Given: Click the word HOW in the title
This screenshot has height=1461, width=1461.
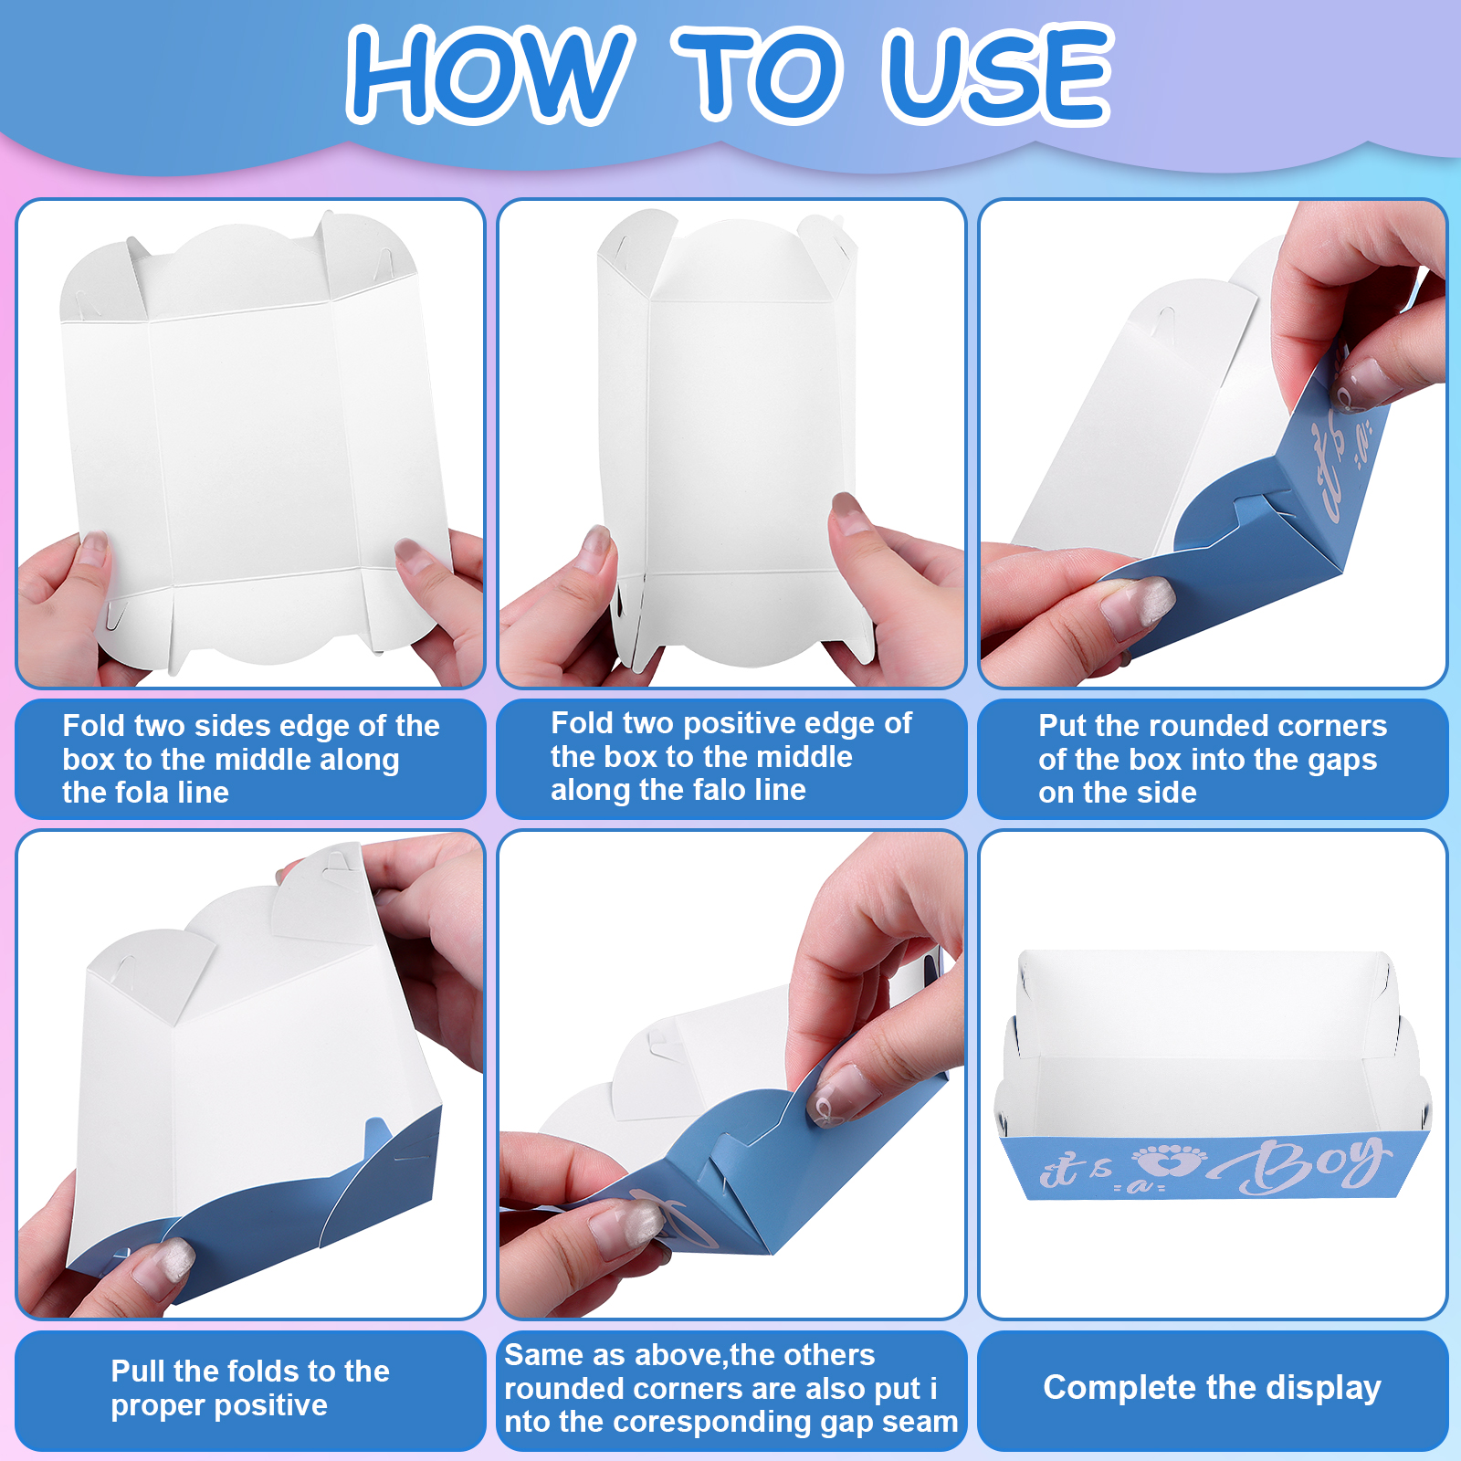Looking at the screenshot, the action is (489, 73).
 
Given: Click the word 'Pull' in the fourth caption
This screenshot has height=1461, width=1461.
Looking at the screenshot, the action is (138, 1371).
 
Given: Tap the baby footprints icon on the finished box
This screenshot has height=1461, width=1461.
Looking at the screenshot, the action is (1170, 1161).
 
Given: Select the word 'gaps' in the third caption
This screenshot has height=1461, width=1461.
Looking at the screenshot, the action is (1342, 760).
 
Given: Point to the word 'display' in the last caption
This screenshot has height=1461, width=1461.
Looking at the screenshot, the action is (1323, 1388).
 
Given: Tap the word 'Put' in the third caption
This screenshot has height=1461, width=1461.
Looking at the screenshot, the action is (1062, 725).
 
